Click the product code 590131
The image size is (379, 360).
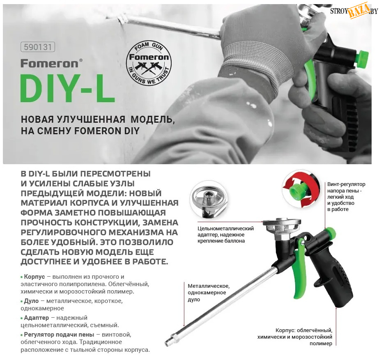tap(38, 47)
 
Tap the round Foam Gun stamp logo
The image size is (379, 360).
tap(149, 63)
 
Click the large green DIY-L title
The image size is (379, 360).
tap(68, 88)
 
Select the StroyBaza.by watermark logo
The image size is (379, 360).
tap(354, 10)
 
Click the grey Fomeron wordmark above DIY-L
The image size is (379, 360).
tap(51, 64)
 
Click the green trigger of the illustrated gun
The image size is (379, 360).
tap(300, 268)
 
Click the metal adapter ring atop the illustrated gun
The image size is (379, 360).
tap(282, 222)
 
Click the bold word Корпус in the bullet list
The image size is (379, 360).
tap(34, 277)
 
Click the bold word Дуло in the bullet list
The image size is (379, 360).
tap(31, 301)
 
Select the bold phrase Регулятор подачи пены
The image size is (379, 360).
tap(59, 335)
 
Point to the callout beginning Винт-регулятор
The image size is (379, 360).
tap(346, 197)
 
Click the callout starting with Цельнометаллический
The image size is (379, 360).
tap(225, 235)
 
